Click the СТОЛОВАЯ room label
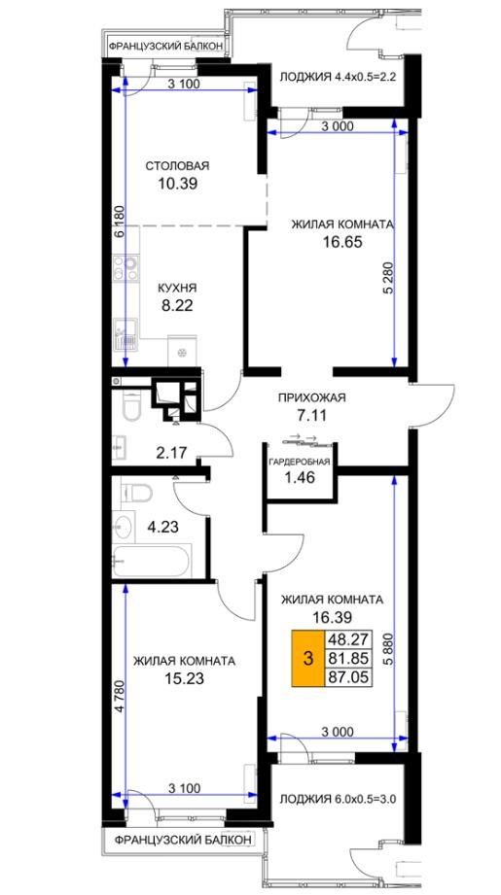178,166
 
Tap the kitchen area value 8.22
177,305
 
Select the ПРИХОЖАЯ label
312,398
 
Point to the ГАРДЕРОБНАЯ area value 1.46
300,478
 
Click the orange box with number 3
308,658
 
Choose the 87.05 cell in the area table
347,677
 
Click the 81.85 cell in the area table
347,658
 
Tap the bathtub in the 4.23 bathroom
152,562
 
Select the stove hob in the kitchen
125,268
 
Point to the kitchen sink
125,332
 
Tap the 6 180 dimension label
119,224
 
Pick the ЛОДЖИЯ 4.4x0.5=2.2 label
337,78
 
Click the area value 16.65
342,242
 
